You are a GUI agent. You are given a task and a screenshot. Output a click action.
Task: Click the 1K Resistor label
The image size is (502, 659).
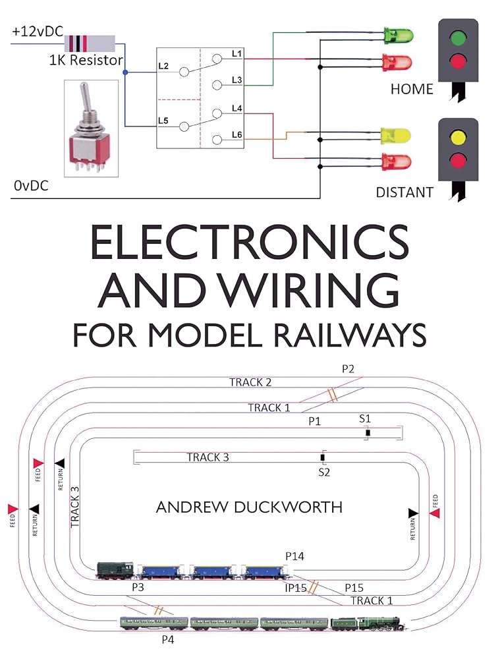tap(86, 61)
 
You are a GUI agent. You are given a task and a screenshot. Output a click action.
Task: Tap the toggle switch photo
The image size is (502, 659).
tap(91, 129)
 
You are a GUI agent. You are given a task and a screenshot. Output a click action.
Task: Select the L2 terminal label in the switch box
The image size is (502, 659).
tap(164, 66)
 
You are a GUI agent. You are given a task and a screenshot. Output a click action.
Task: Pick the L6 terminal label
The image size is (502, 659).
tap(237, 134)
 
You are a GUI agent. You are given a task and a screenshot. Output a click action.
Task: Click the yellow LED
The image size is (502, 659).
tap(395, 136)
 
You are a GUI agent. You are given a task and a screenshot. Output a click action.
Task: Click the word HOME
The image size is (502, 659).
tap(412, 89)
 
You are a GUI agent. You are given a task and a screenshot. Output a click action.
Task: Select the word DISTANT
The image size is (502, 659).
tap(404, 192)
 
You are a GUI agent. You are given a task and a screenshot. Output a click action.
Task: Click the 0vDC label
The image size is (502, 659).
tap(31, 187)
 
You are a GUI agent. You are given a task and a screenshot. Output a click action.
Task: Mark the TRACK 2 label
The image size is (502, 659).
tap(250, 382)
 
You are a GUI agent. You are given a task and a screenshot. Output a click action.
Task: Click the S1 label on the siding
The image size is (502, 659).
tap(365, 418)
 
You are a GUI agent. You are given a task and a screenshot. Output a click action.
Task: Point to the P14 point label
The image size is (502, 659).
tap(294, 557)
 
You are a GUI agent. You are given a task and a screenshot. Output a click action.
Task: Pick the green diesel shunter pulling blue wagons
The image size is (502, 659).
tap(115, 570)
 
